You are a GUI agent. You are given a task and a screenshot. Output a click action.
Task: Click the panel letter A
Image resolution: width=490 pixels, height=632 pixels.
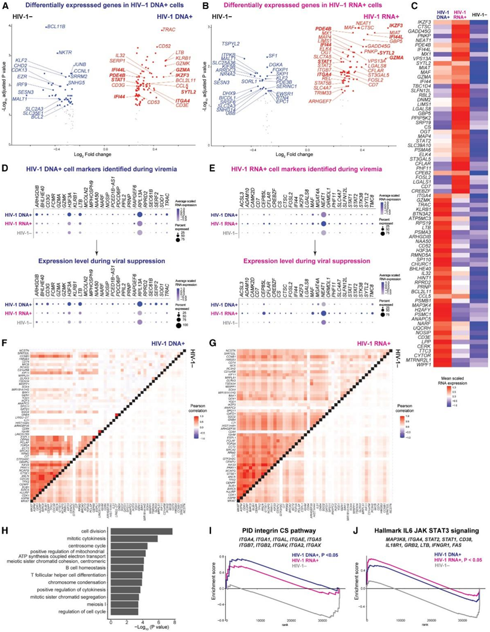pyautogui.click(x=5, y=5)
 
